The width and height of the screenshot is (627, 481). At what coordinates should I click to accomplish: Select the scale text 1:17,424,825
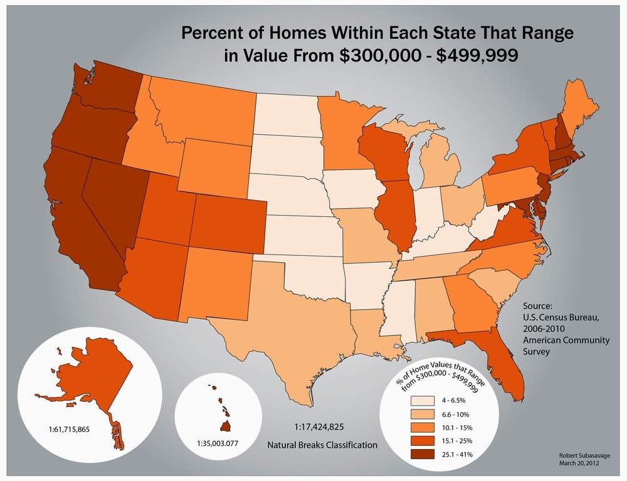(x=319, y=426)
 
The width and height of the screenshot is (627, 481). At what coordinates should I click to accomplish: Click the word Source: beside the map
(x=537, y=306)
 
